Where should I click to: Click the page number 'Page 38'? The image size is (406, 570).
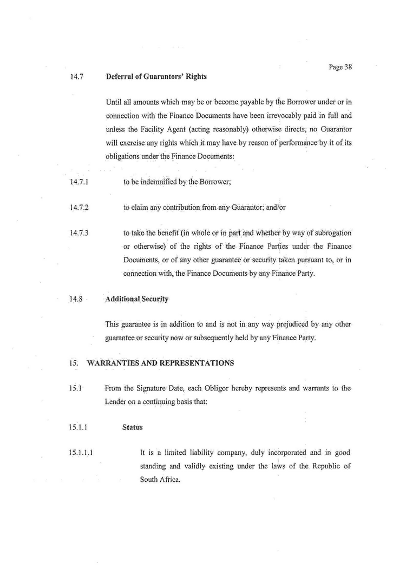pos(340,68)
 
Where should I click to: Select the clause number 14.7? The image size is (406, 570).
pos(76,77)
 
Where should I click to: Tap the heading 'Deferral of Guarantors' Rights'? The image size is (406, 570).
pos(156,77)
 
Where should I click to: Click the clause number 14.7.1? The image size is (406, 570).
pos(79,182)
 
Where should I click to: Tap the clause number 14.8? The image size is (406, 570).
pos(76,299)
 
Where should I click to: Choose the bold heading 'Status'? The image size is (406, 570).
pos(132,427)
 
